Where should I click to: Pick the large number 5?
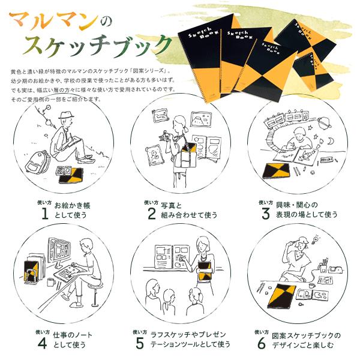tap(140, 343)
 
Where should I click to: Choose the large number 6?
tap(261, 343)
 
